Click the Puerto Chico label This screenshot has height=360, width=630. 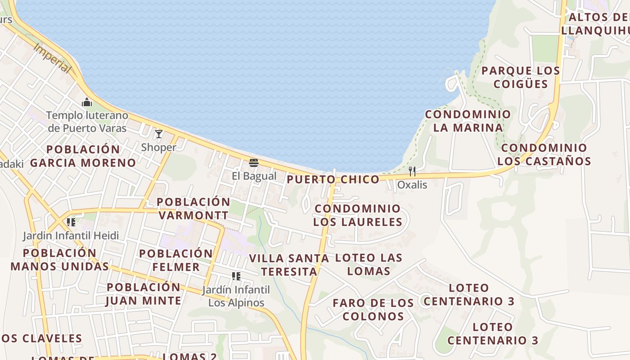point(333,180)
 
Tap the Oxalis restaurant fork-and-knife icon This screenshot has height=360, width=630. point(412,171)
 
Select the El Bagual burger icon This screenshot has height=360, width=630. point(254,162)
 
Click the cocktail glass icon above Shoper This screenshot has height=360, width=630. point(159,134)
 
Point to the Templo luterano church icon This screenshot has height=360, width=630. point(87,103)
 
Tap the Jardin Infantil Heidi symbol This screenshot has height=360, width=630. point(71,222)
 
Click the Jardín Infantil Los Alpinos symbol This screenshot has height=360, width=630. point(236,276)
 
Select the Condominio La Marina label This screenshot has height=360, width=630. point(468,121)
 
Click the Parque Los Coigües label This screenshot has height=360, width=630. point(521,77)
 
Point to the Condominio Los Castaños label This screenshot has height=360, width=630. point(544,154)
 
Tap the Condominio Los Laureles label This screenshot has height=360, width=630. point(357,215)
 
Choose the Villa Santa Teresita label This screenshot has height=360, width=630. point(289,265)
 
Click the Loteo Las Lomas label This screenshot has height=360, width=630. point(369,264)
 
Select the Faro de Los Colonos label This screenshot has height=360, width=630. point(373,309)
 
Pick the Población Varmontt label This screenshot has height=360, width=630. point(193,208)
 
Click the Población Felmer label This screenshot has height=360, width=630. point(176,260)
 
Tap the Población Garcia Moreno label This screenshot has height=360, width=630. point(83,156)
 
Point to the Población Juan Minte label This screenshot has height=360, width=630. point(144,294)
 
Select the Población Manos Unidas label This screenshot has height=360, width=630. point(60,260)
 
